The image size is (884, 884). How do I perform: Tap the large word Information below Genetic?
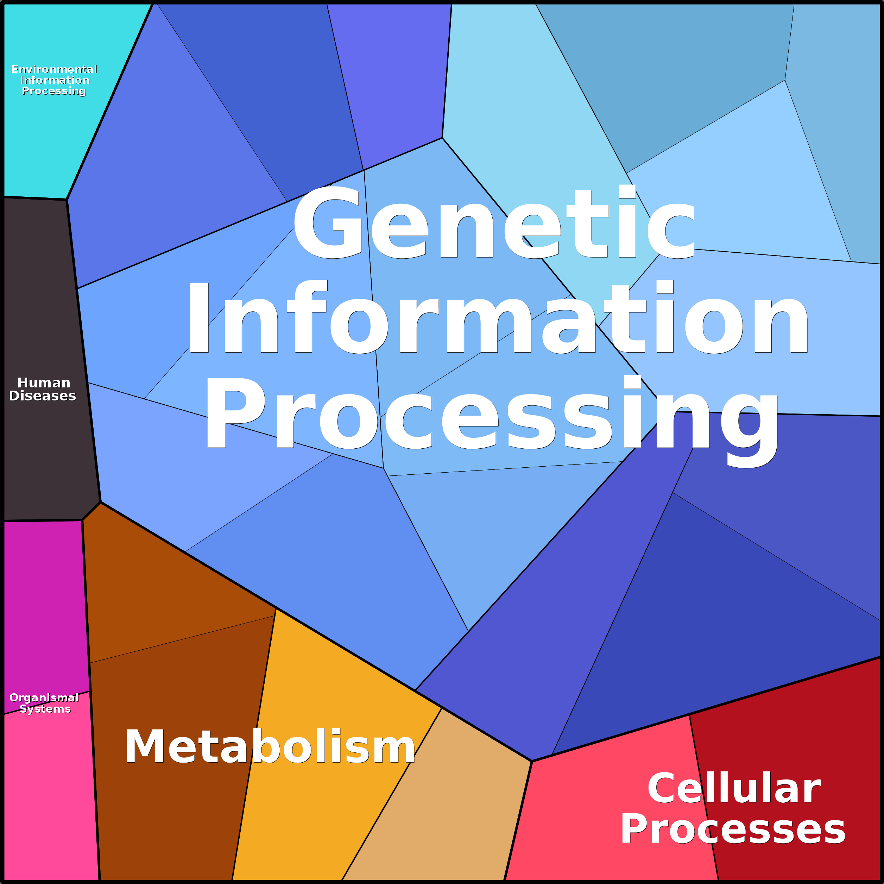pos(497,318)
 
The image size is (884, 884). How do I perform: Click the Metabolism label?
pos(270,747)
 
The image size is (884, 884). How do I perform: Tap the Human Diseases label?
pos(43,389)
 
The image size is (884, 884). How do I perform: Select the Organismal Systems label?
pos(44,703)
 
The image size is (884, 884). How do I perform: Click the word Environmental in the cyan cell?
pos(54,69)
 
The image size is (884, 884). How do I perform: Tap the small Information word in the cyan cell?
pos(55,80)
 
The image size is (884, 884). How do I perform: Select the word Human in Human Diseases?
pos(44,383)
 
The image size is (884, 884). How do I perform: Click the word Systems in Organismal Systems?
pos(45,709)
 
